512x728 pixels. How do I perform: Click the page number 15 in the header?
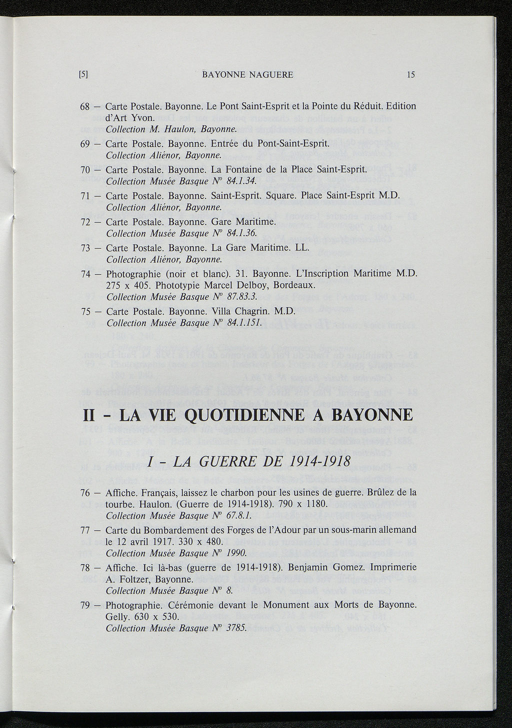pyautogui.click(x=411, y=75)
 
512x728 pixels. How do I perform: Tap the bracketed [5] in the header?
pyautogui.click(x=83, y=75)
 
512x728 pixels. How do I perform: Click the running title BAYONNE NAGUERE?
pyautogui.click(x=247, y=75)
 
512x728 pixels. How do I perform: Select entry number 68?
pyautogui.click(x=84, y=106)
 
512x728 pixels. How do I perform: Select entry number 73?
pyautogui.click(x=84, y=248)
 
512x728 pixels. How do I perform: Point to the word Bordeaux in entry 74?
pyautogui.click(x=295, y=285)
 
